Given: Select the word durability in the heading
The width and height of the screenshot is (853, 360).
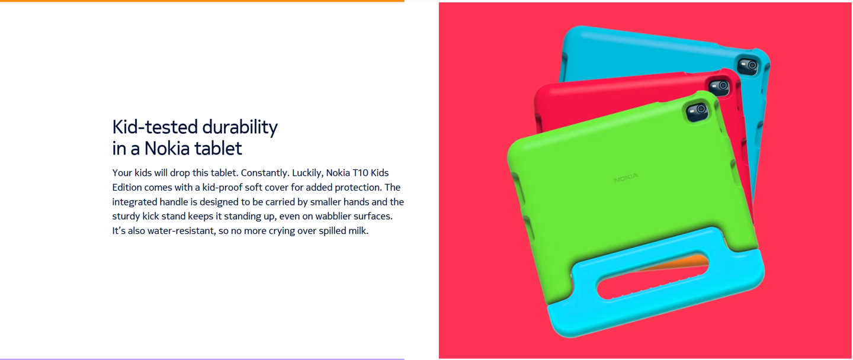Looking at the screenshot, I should click(240, 127).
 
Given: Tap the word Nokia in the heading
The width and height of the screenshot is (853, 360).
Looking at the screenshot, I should click(177, 148).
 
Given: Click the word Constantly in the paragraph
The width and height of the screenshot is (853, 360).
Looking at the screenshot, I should click(265, 173).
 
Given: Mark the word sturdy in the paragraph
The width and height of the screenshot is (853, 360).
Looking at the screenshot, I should click(126, 216).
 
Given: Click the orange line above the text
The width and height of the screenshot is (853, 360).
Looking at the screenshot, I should click(201, 1).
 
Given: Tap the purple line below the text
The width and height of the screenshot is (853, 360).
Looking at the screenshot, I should click(201, 359).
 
